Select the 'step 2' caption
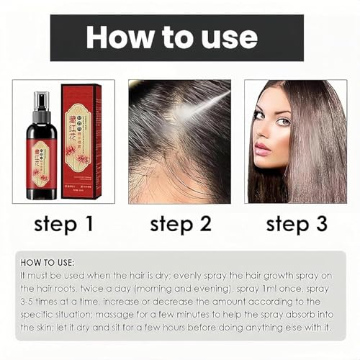[x=180, y=224]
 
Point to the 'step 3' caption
[x=297, y=224]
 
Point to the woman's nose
[x=260, y=135]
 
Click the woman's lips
[x=261, y=149]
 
